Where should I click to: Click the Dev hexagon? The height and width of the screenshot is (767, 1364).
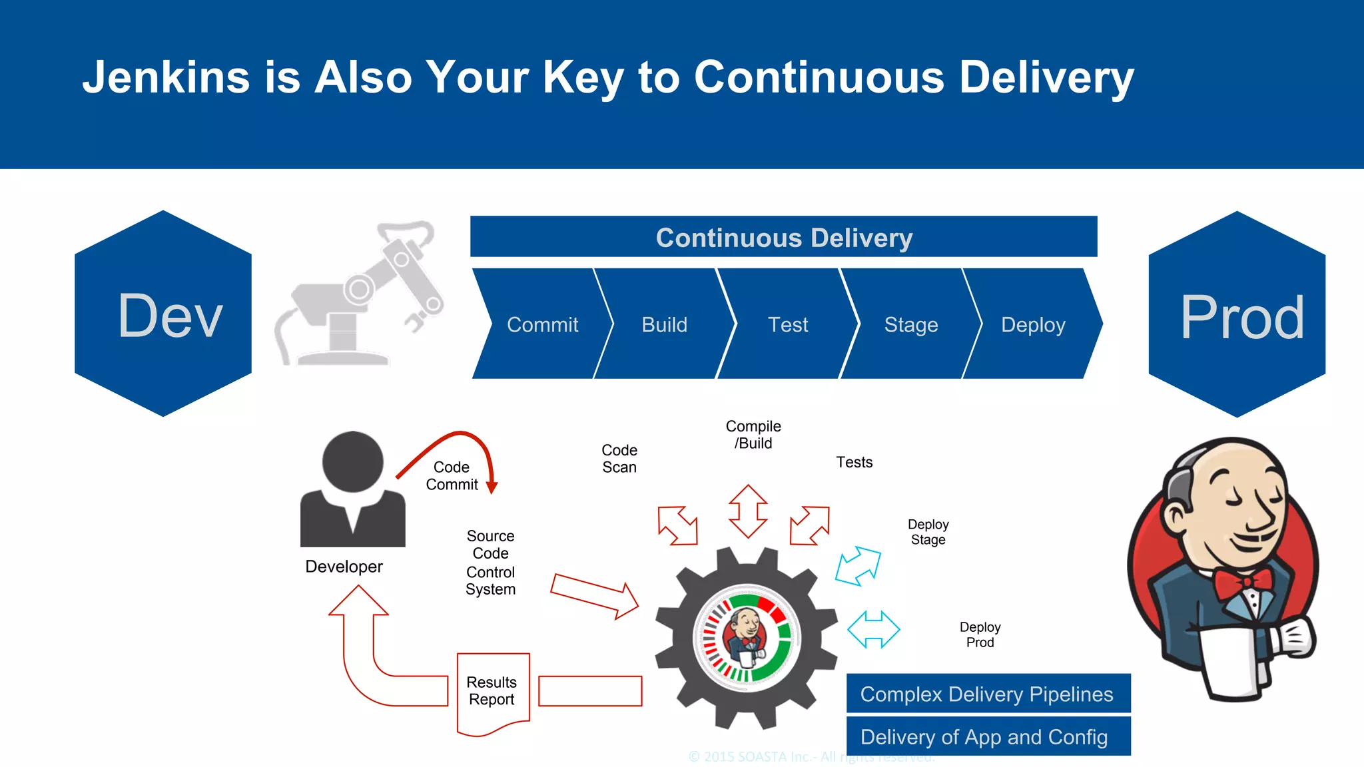pyautogui.click(x=163, y=314)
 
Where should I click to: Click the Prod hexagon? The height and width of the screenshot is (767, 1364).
pyautogui.click(x=1237, y=315)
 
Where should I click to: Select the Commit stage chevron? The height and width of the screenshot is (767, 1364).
pyautogui.click(x=542, y=324)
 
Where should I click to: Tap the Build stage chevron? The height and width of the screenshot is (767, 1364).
pyautogui.click(x=664, y=324)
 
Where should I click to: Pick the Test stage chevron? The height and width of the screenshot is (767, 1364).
pyautogui.click(x=787, y=324)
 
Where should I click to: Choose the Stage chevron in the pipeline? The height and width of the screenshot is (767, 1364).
pyautogui.click(x=910, y=324)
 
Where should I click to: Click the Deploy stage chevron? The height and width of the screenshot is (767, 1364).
pyautogui.click(x=1033, y=324)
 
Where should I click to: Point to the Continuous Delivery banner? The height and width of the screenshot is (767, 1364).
pyautogui.click(x=783, y=237)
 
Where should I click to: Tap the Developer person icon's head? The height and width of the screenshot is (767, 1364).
pyautogui.click(x=352, y=461)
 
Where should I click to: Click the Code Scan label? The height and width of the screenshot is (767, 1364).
pyautogui.click(x=619, y=459)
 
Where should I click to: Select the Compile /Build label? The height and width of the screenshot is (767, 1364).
pyautogui.click(x=753, y=435)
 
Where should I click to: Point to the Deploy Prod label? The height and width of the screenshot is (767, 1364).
pyautogui.click(x=980, y=635)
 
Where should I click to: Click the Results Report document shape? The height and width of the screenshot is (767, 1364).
pyautogui.click(x=493, y=692)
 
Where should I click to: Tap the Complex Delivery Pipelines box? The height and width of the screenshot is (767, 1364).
pyautogui.click(x=988, y=694)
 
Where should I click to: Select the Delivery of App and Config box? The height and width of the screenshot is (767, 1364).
pyautogui.click(x=988, y=736)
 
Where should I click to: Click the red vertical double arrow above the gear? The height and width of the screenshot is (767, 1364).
pyautogui.click(x=748, y=511)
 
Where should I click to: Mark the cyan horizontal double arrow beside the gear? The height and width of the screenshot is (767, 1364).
pyautogui.click(x=873, y=629)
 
